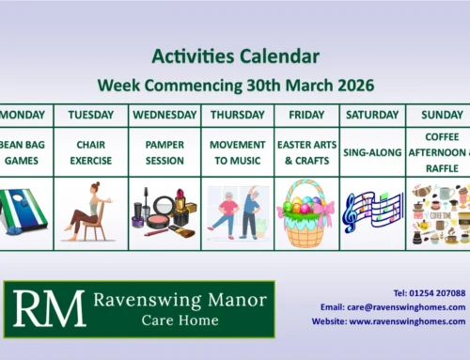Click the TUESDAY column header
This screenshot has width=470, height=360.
(x=92, y=116)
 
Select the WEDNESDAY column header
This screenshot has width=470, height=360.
(x=165, y=116)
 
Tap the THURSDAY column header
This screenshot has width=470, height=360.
(x=237, y=116)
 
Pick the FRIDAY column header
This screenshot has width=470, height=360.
(x=306, y=116)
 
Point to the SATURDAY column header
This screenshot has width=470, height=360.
(x=372, y=116)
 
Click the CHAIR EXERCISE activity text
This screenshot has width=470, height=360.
(x=92, y=152)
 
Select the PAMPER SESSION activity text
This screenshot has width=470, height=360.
(x=165, y=152)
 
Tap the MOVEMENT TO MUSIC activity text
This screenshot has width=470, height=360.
(x=237, y=152)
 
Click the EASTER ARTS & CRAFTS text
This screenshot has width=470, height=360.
(x=306, y=152)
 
